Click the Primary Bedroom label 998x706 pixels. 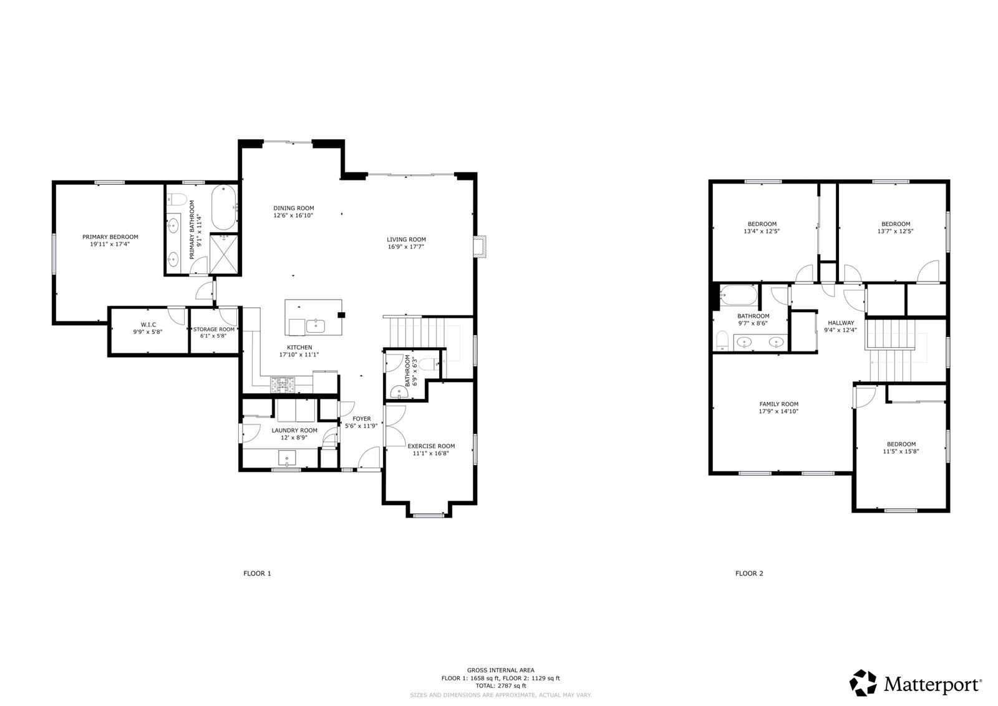(x=110, y=237)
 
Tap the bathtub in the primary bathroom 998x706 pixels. (x=223, y=207)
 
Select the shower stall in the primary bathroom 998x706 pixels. (x=224, y=254)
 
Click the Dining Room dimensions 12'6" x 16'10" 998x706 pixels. (x=293, y=215)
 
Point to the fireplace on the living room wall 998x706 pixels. (x=480, y=246)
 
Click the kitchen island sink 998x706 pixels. (x=316, y=326)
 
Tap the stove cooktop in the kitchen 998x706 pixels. (x=283, y=385)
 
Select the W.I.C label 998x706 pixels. (x=148, y=325)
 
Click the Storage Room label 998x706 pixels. (x=214, y=330)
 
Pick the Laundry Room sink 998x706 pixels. (x=287, y=458)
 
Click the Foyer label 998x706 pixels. (x=362, y=419)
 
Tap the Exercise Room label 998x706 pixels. (x=431, y=446)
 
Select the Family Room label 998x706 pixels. (x=779, y=404)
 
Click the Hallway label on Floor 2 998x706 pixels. (x=841, y=323)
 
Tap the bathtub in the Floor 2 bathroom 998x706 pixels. (x=739, y=295)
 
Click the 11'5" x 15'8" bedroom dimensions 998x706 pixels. (x=901, y=451)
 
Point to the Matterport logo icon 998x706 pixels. (x=863, y=683)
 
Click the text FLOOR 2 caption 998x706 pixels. (x=749, y=574)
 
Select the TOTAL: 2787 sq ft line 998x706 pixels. (x=501, y=686)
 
